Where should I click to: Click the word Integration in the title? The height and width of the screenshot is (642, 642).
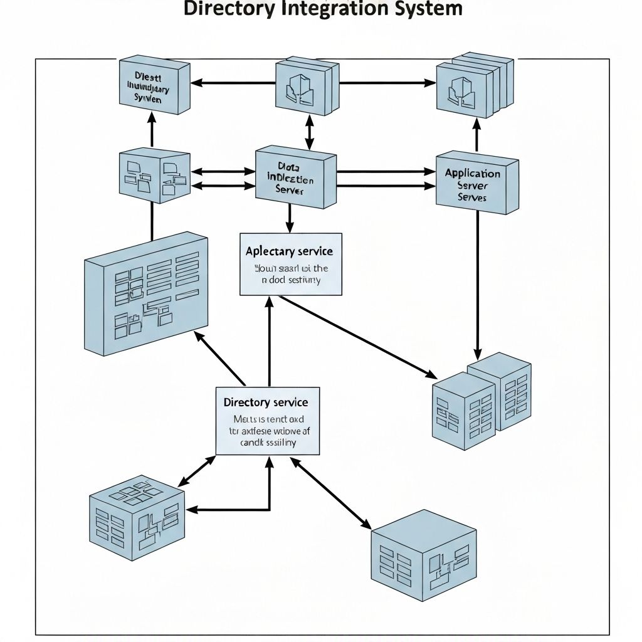pyautogui.click(x=332, y=9)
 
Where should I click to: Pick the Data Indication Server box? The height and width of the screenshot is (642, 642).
pyautogui.click(x=295, y=177)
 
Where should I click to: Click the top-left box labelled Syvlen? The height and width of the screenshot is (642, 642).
pyautogui.click(x=154, y=87)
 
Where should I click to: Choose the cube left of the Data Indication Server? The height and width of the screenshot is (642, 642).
pyautogui.click(x=154, y=175)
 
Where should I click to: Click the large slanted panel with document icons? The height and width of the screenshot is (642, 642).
pyautogui.click(x=145, y=293)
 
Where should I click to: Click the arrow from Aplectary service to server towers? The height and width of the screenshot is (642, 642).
pyautogui.click(x=357, y=337)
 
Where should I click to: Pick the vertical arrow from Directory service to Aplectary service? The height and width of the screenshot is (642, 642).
pyautogui.click(x=270, y=342)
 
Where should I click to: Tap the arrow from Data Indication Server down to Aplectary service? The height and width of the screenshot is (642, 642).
pyautogui.click(x=290, y=219)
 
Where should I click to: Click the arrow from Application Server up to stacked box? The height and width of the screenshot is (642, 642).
pyautogui.click(x=476, y=134)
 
